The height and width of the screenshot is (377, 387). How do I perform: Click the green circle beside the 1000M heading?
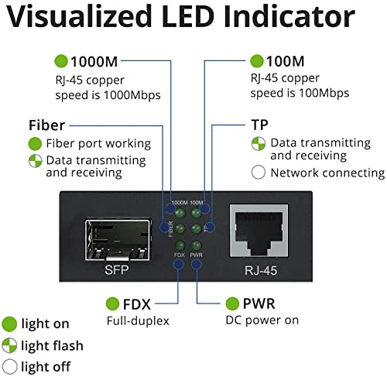[61, 61]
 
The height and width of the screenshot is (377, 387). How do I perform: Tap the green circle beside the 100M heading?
[257, 61]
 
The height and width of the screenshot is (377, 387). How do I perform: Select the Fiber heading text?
[46, 125]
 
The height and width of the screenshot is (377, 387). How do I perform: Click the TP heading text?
[260, 125]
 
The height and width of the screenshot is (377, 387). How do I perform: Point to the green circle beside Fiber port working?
[34, 144]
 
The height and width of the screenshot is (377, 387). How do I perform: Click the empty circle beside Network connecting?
[259, 173]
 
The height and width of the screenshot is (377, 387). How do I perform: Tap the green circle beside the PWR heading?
[231, 304]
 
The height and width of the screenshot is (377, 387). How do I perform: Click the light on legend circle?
[10, 324]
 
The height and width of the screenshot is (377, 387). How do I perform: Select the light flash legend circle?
[10, 345]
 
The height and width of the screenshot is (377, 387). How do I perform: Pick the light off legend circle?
[10, 366]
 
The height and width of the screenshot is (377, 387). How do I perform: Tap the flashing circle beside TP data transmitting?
[259, 144]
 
